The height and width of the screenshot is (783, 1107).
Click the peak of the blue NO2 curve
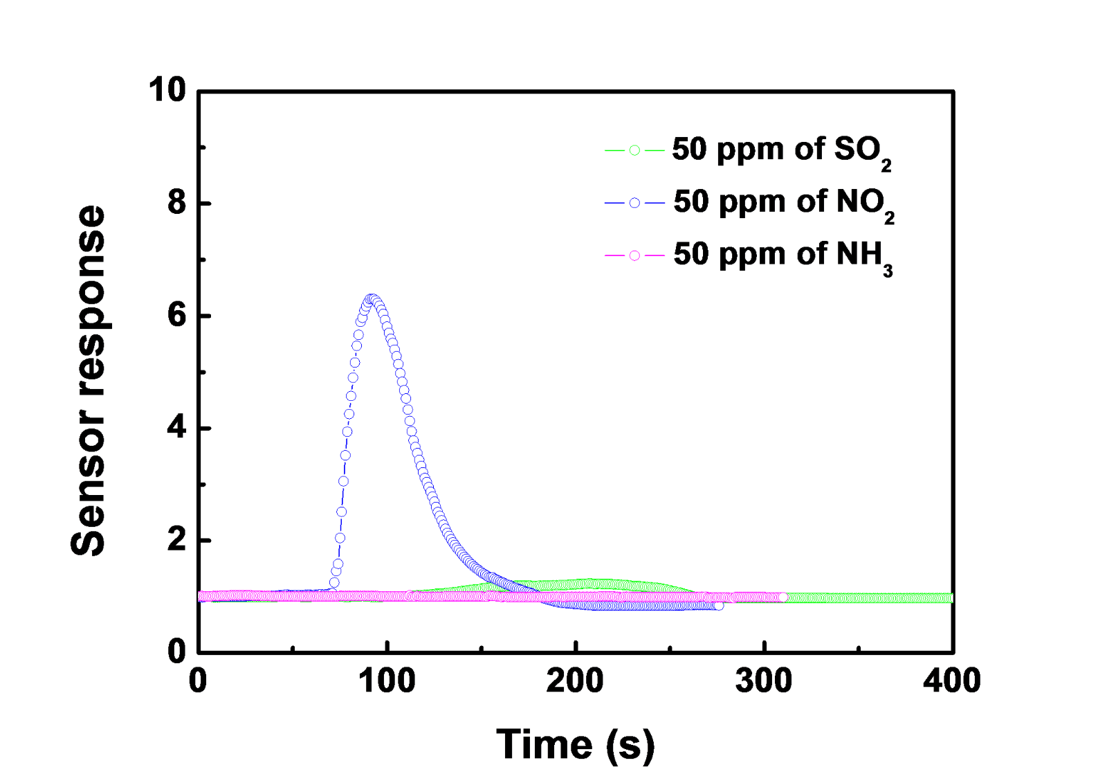click(x=372, y=299)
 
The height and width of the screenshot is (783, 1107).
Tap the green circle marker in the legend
click(x=634, y=150)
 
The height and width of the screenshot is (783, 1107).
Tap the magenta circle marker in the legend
click(x=634, y=255)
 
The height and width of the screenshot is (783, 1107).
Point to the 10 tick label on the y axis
click(x=167, y=91)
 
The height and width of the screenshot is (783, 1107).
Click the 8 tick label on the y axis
click(x=177, y=203)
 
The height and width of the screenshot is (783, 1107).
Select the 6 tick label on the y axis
click(x=177, y=316)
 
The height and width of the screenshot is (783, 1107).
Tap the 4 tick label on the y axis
click(x=177, y=428)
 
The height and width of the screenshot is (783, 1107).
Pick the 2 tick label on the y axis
click(x=177, y=540)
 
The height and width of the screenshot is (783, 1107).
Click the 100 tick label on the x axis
click(x=387, y=681)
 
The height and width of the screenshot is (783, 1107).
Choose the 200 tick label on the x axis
click(x=575, y=681)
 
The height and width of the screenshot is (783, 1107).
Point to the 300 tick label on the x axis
click(x=764, y=681)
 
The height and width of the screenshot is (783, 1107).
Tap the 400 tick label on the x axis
click(x=952, y=681)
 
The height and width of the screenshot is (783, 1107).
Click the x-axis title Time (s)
click(x=575, y=745)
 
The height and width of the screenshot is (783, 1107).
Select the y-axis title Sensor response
click(x=89, y=380)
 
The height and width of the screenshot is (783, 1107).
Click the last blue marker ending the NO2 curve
click(x=719, y=606)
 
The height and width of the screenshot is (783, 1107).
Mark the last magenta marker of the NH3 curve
click(x=783, y=597)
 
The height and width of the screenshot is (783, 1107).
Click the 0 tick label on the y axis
click(x=177, y=652)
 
